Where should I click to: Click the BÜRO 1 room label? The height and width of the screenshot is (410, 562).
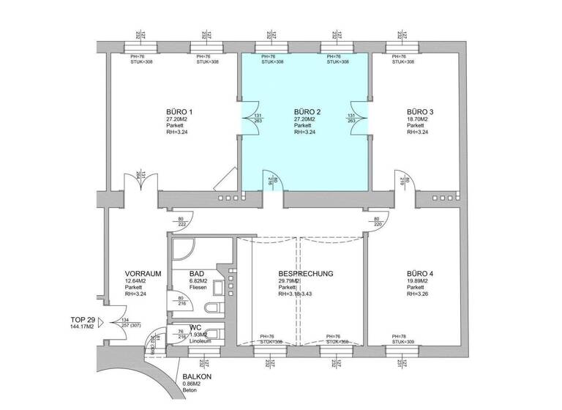pyautogui.click(x=179, y=112)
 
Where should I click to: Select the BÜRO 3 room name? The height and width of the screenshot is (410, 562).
pyautogui.click(x=420, y=112)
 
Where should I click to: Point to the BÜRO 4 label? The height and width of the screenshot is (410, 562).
pyautogui.click(x=420, y=273)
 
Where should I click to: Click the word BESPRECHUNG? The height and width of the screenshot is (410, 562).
pyautogui.click(x=305, y=273)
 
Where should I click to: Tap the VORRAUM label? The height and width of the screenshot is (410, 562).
pyautogui.click(x=142, y=273)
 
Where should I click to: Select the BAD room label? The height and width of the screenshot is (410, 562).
pyautogui.click(x=176, y=273)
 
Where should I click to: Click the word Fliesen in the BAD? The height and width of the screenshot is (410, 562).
pyautogui.click(x=179, y=287)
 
